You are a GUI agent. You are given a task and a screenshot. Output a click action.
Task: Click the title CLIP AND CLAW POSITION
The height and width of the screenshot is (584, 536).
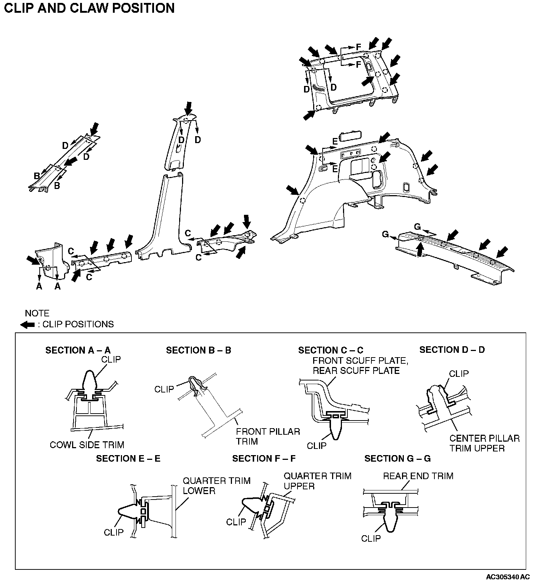tap(89, 8)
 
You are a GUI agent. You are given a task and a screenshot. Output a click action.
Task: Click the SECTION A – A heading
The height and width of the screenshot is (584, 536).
tap(78, 350)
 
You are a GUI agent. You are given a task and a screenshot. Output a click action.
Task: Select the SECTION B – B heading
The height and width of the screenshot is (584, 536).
tap(198, 350)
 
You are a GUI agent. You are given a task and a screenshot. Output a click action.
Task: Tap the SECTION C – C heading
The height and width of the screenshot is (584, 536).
tap(331, 350)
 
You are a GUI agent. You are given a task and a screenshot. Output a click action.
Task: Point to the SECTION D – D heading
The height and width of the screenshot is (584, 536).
tap(452, 350)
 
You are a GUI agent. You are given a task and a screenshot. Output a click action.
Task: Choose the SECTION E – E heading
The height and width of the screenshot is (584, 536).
tap(128, 458)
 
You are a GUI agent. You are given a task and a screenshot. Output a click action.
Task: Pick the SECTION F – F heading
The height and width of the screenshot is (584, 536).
tap(264, 458)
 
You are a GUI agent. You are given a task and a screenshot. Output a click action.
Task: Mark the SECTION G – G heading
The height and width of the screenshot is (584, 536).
tap(397, 458)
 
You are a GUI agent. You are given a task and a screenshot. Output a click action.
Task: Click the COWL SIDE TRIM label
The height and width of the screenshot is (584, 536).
tap(87, 445)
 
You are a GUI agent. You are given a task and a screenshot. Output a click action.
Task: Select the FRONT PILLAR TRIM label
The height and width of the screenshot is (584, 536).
tap(268, 437)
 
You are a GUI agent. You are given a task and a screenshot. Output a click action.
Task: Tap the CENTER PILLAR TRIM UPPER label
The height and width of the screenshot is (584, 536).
tap(484, 443)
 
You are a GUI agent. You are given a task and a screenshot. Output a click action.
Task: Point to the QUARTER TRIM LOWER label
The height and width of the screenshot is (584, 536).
tap(216, 486)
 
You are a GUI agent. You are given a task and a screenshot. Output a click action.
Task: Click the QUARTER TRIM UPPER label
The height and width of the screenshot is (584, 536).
tap(318, 481)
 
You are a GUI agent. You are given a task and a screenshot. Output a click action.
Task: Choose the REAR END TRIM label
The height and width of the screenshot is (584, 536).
tap(418, 476)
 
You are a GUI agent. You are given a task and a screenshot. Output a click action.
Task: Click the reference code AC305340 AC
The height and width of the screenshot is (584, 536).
tap(508, 577)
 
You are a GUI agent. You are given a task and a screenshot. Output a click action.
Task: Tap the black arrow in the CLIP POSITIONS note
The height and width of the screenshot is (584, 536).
tap(28, 325)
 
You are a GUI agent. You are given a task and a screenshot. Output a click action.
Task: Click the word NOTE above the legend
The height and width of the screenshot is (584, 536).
tap(37, 313)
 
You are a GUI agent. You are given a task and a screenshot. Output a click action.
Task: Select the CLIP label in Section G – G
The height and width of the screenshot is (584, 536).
tap(371, 538)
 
